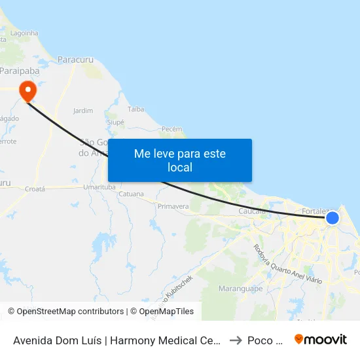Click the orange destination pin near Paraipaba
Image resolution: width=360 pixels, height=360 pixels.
click(x=27, y=90)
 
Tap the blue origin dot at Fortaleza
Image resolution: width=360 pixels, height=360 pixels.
click(x=333, y=217)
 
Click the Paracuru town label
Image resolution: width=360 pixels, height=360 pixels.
click(x=76, y=60)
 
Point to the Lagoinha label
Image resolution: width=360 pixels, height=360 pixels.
click(x=24, y=32)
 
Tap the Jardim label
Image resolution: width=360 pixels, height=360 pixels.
click(x=83, y=111)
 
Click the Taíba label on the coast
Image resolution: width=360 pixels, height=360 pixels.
click(x=136, y=109)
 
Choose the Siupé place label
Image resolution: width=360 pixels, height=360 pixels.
click(x=115, y=122)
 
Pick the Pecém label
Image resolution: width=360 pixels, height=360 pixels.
click(x=171, y=129)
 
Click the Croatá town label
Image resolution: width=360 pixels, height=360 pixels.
click(x=34, y=189)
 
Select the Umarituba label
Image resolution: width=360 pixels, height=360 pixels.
click(x=99, y=187)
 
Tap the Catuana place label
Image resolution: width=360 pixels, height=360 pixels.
click(x=131, y=194)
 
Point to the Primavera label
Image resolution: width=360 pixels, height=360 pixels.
click(x=173, y=206)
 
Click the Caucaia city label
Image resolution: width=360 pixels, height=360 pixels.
click(x=252, y=211)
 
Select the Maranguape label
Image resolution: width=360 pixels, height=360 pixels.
click(x=236, y=288)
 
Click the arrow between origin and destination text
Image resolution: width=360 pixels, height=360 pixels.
click(x=236, y=340)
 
